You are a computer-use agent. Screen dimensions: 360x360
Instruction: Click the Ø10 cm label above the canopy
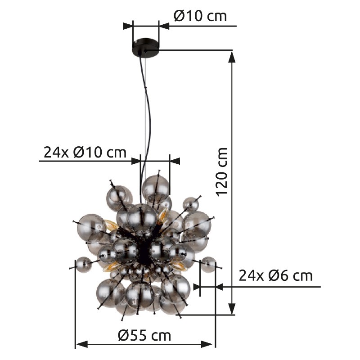(x=200, y=16)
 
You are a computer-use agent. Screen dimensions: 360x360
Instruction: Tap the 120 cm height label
(x=222, y=172)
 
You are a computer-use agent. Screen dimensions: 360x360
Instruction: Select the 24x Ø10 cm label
(x=85, y=152)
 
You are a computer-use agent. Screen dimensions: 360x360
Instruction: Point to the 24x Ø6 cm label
(x=276, y=275)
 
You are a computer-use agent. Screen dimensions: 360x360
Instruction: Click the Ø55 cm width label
(x=144, y=336)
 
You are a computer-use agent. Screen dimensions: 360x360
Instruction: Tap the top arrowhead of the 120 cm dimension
(x=232, y=57)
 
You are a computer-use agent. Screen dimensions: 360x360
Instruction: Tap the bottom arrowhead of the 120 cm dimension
(x=232, y=309)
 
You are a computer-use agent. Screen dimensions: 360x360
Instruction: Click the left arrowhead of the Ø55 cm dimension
(x=82, y=344)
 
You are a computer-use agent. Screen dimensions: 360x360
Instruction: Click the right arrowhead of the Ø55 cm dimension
(x=207, y=344)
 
